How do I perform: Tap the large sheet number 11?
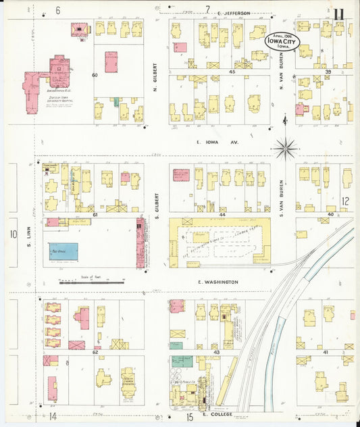point(339,14)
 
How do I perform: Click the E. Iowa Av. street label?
point(208,143)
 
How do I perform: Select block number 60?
point(95,74)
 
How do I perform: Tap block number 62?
point(95,352)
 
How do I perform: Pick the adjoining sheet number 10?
point(13,234)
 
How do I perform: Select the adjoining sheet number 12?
point(345,201)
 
